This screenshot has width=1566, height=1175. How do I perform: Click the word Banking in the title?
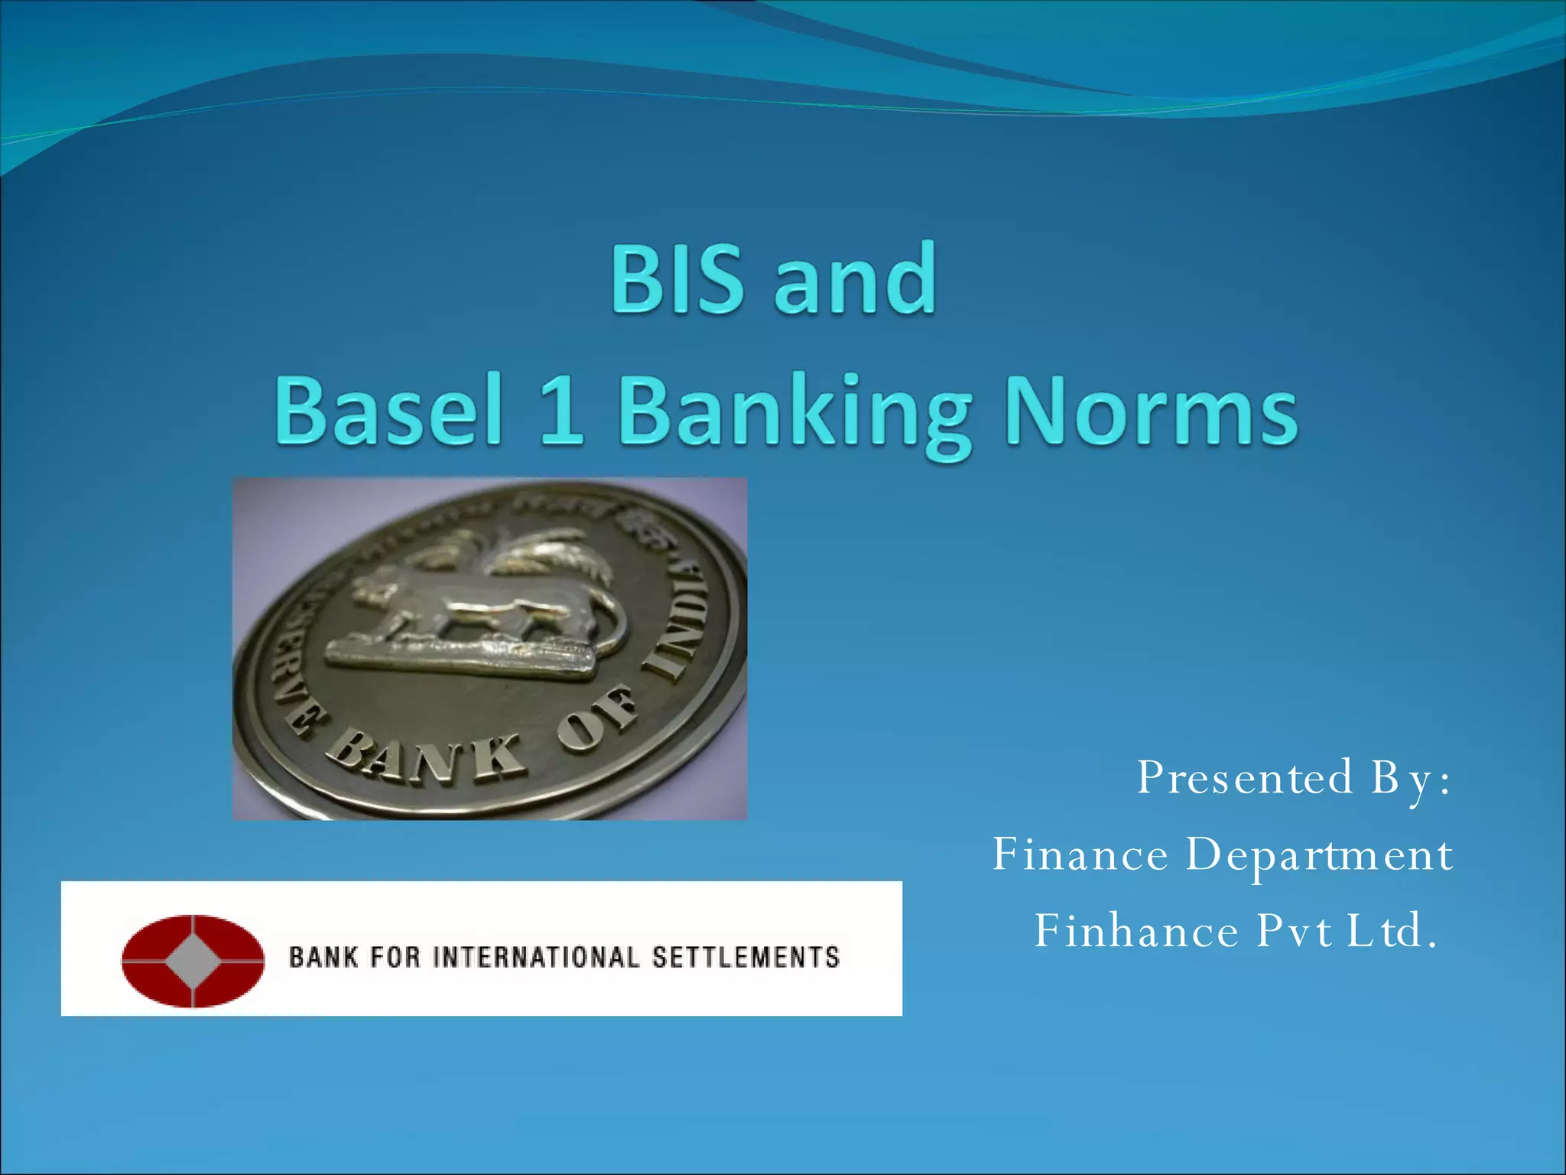pos(795,413)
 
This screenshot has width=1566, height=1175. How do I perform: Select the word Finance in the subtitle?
pos(1080,854)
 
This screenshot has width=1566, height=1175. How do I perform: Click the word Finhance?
pos(1136,931)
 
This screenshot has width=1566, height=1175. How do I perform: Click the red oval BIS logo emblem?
pos(193,960)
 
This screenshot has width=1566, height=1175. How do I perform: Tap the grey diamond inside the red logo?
pos(193,960)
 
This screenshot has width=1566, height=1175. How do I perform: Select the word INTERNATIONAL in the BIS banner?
pos(535,958)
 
